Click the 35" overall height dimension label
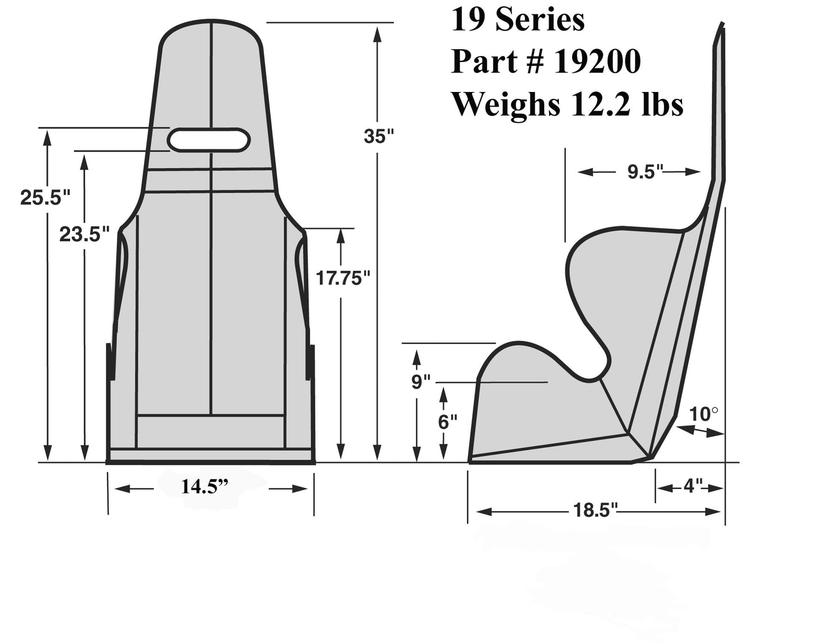click(378, 137)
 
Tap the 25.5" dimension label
click(45, 197)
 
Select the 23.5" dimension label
click(84, 234)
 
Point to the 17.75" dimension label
click(343, 278)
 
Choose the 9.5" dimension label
click(645, 172)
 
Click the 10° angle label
click(704, 414)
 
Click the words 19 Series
click(517, 20)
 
